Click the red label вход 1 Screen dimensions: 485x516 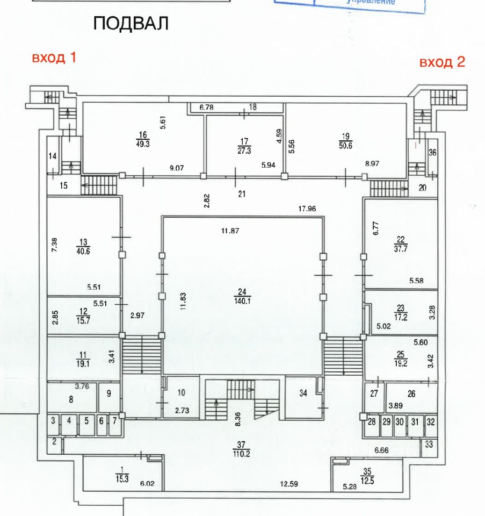tap(54, 58)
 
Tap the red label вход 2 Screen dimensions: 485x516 tap(442, 62)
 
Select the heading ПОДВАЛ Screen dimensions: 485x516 tap(131, 24)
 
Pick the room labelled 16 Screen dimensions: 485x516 tap(142, 135)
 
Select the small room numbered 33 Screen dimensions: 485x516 tap(429, 444)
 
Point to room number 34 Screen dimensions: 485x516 tap(303, 393)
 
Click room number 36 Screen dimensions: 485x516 tap(432, 153)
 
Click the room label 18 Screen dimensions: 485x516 tap(252, 107)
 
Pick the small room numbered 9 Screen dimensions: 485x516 tap(108, 393)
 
